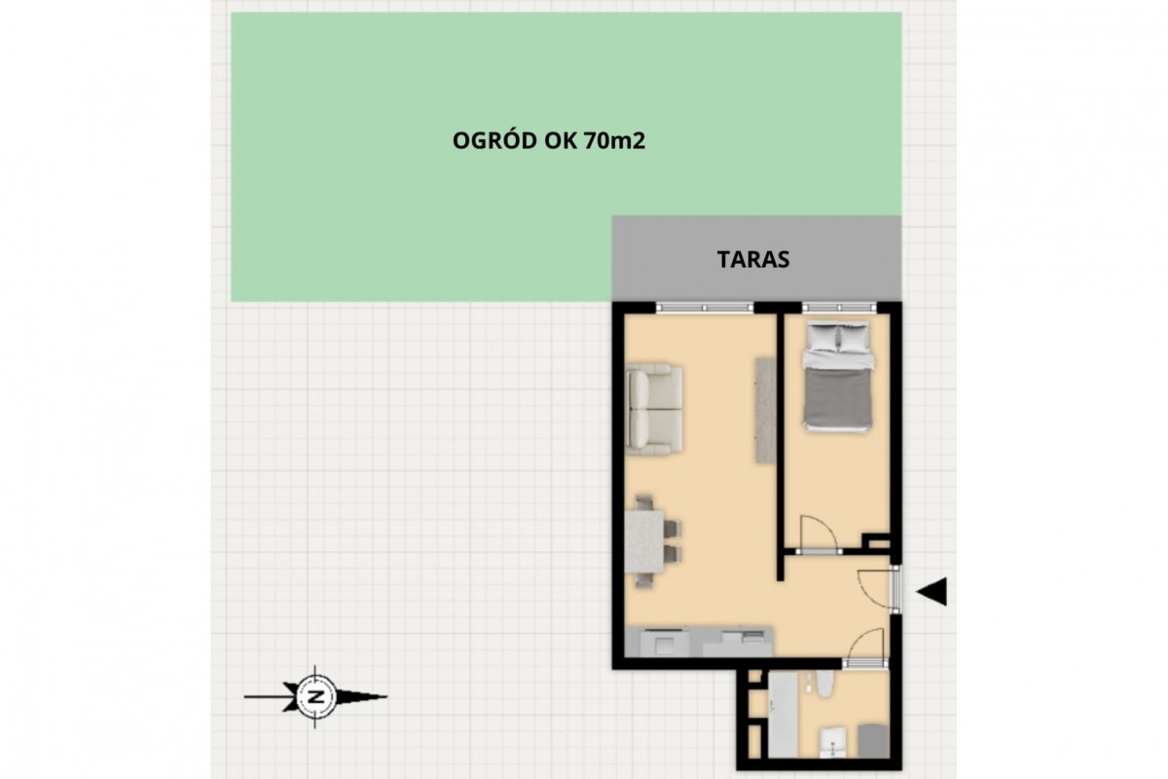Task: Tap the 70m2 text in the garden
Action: pyautogui.click(x=615, y=141)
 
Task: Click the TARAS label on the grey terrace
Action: pyautogui.click(x=753, y=259)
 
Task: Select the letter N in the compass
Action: pyautogui.click(x=315, y=696)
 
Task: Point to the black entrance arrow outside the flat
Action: pyautogui.click(x=931, y=592)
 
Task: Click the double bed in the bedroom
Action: pyautogui.click(x=838, y=376)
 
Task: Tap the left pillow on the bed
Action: pyautogui.click(x=822, y=337)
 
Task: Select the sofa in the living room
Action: pyautogui.click(x=654, y=409)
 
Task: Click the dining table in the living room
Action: pyautogui.click(x=644, y=541)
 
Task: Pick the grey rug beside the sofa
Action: pyautogui.click(x=765, y=410)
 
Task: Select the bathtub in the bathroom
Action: pyautogui.click(x=784, y=715)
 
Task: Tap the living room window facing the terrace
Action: pyautogui.click(x=705, y=308)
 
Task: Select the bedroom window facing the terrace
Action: pyautogui.click(x=838, y=308)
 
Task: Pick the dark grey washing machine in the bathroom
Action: pyautogui.click(x=873, y=741)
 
